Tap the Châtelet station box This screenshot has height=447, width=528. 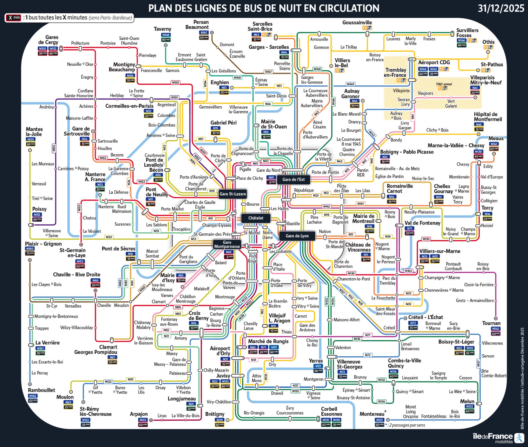pos(256,218)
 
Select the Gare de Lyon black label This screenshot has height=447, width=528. pos(297,236)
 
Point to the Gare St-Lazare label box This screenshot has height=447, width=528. pos(232,194)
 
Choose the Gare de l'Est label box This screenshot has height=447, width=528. pos(293,179)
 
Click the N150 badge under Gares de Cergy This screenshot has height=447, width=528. pos(42,49)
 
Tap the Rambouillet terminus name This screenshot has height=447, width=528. pos(41,390)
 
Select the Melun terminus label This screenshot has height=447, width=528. pos(467,401)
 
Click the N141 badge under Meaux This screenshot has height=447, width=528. pos(494,144)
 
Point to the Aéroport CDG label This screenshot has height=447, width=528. pos(434,62)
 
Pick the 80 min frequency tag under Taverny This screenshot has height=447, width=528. pos(166,40)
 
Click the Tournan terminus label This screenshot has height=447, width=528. pos(491,323)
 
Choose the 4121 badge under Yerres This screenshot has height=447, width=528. pos(318,366)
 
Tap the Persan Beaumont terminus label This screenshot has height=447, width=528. pos(197,25)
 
